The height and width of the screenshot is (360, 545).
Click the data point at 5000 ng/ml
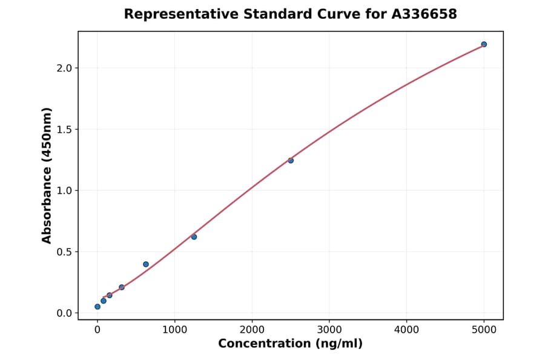point(484,44)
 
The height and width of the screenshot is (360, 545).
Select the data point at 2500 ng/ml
point(291,161)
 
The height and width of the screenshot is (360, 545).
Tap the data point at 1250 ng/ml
point(194,237)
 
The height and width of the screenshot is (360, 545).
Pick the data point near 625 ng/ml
point(146,264)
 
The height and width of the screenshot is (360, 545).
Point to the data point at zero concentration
point(97,307)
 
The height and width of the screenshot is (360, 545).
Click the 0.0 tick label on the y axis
point(64,313)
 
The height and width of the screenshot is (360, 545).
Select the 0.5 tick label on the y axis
point(64,252)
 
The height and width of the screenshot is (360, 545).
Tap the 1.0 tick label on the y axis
point(64,191)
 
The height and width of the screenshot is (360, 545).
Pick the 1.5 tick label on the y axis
point(64,130)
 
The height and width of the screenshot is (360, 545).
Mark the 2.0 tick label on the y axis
point(64,68)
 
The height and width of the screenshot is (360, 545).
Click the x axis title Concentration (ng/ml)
point(290,344)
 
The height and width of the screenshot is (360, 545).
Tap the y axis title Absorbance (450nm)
point(47,175)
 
